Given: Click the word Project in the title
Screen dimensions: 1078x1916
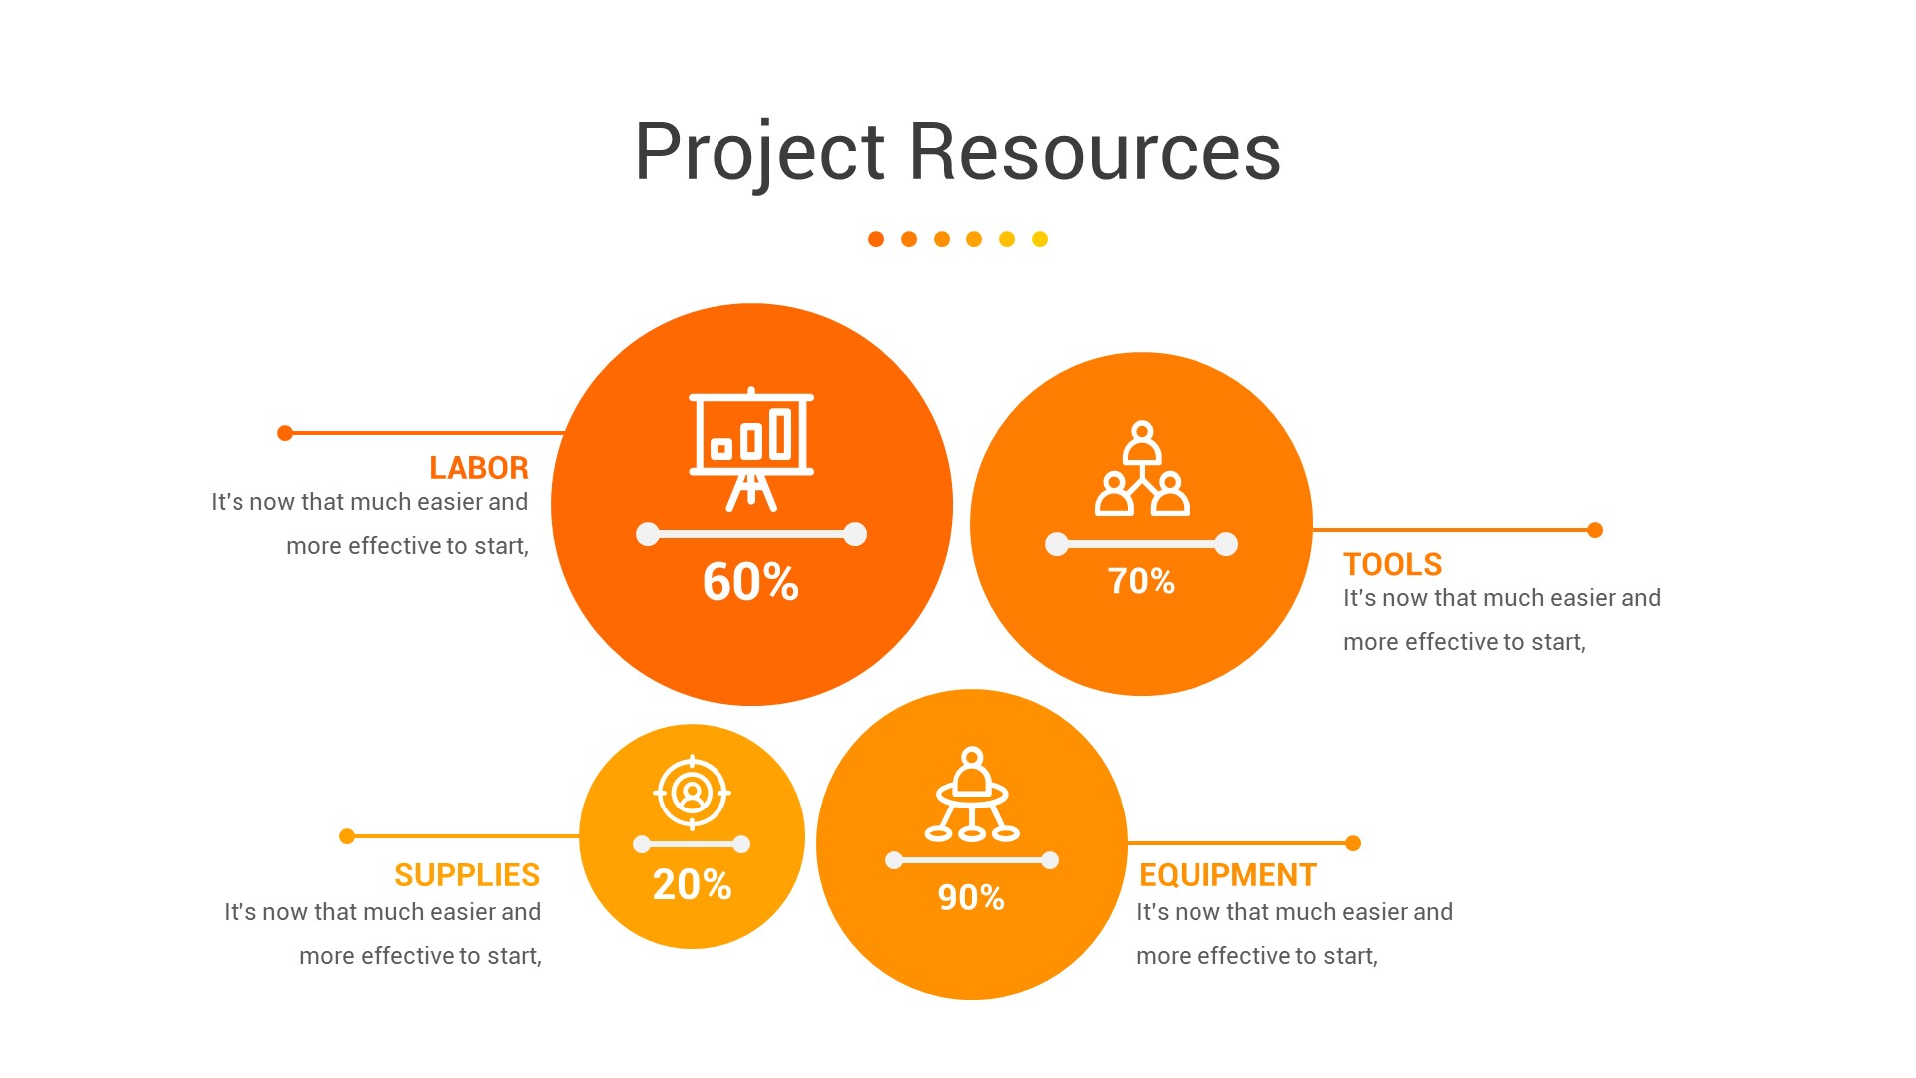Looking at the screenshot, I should tap(759, 152).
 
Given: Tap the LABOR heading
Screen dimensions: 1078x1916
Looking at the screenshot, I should tap(479, 468).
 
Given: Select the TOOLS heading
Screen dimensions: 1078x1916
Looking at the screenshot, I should tap(1392, 564).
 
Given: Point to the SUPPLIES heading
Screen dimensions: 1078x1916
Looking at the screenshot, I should tap(467, 875).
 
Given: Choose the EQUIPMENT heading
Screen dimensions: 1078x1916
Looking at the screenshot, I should tap(1227, 875).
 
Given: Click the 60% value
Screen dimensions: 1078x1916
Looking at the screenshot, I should tap(750, 581).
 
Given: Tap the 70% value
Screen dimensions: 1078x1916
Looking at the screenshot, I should tap(1141, 581).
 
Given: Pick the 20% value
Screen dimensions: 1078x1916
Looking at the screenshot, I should tap(692, 884).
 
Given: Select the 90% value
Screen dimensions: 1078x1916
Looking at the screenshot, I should tap(971, 897).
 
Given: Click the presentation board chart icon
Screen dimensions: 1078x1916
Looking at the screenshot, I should tap(751, 449).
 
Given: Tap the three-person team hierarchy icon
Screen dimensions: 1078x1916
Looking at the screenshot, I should tap(1142, 468).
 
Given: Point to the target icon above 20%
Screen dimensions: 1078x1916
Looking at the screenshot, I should tap(692, 794).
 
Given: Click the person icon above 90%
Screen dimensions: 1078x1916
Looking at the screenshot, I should tap(972, 795).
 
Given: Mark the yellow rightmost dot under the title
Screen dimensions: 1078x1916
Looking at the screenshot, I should tap(1040, 239).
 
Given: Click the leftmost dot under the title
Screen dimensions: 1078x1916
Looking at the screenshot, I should tap(876, 239).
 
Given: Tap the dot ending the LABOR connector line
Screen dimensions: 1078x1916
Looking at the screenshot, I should tap(285, 433).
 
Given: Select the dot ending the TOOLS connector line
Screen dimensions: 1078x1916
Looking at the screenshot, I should tap(1595, 530).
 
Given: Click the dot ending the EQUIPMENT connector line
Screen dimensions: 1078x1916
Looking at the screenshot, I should tap(1353, 843).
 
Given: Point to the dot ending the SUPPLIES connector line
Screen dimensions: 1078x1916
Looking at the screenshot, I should tap(347, 836).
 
